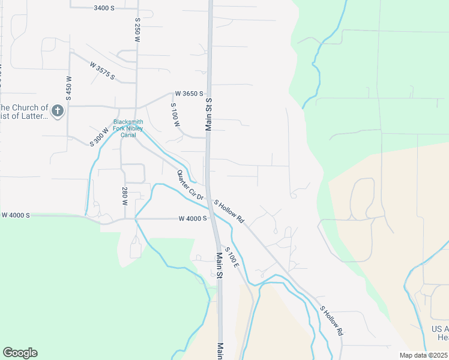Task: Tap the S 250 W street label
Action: tap(137, 29)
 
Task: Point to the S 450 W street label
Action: tap(68, 87)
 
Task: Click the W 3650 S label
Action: tap(189, 94)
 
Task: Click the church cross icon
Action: tap(58, 110)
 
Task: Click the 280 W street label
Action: tap(125, 196)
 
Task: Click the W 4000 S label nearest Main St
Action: tap(193, 218)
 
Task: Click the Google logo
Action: tap(20, 353)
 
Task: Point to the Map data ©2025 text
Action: tap(423, 355)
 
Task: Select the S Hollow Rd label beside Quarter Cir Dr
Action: tap(230, 212)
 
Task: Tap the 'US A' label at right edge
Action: tap(439, 329)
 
